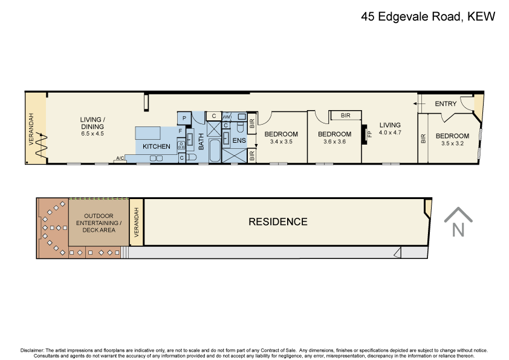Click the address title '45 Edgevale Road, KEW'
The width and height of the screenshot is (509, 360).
coord(428,17)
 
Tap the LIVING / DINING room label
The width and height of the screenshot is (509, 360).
coord(92,123)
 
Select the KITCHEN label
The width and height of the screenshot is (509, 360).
coord(156,147)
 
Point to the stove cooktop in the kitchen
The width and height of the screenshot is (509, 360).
coord(181,145)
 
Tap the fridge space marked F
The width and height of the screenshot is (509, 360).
coord(180,130)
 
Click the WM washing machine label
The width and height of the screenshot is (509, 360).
coord(227,117)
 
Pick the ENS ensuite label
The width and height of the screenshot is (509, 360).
coord(239,140)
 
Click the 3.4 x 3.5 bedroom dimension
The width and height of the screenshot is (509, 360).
coord(281,142)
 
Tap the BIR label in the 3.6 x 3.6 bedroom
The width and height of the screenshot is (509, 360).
coord(346,116)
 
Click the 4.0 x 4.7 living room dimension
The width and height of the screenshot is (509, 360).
coord(390,133)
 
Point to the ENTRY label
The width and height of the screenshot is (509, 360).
coord(446,104)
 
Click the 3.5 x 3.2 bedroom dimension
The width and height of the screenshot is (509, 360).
coord(452,144)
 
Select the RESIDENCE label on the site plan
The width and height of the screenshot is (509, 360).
coord(278,222)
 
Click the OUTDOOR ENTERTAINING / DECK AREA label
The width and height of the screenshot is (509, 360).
coord(99,223)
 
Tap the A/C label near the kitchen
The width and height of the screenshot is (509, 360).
coord(120,159)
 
